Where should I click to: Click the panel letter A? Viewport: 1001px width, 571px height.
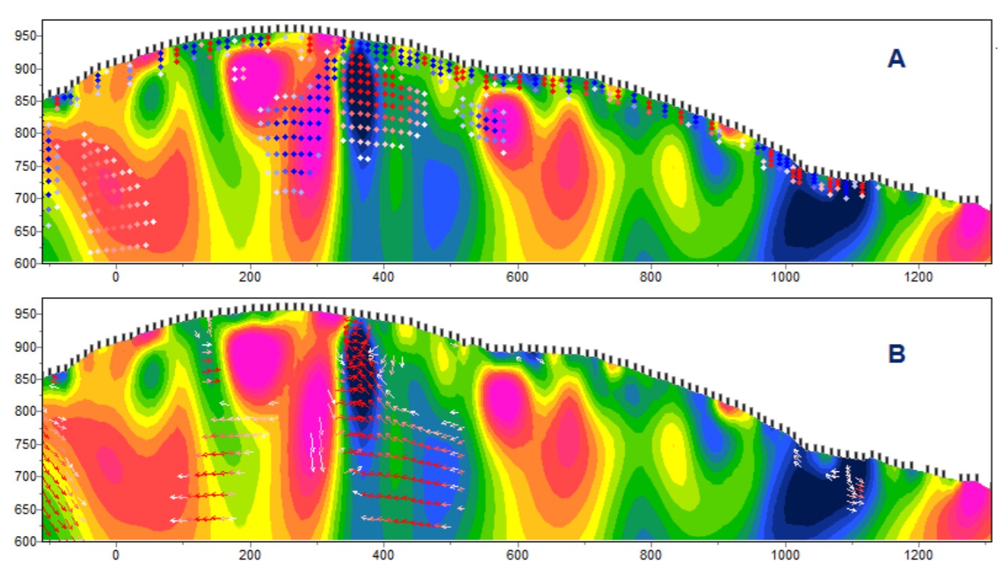tap(896, 59)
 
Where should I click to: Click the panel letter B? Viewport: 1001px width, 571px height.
tap(896, 354)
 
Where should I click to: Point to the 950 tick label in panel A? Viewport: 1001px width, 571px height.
tap(25, 36)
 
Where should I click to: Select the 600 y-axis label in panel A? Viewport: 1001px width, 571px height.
tap(25, 263)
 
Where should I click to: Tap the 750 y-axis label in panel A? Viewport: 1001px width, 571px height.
tap(25, 166)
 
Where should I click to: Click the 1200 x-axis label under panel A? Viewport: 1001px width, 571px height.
tap(918, 277)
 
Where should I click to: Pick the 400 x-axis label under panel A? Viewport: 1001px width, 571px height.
tap(383, 277)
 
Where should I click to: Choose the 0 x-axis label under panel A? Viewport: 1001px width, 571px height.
tap(116, 277)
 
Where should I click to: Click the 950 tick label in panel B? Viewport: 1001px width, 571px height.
tap(25, 314)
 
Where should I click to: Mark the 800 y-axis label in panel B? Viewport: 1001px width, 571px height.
tap(25, 411)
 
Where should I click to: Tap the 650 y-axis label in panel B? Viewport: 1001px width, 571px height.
tap(25, 509)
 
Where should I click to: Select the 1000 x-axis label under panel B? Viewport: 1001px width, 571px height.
tap(785, 555)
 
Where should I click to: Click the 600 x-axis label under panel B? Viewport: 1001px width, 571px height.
tap(517, 555)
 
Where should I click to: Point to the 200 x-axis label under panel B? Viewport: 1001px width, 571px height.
tap(249, 555)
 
